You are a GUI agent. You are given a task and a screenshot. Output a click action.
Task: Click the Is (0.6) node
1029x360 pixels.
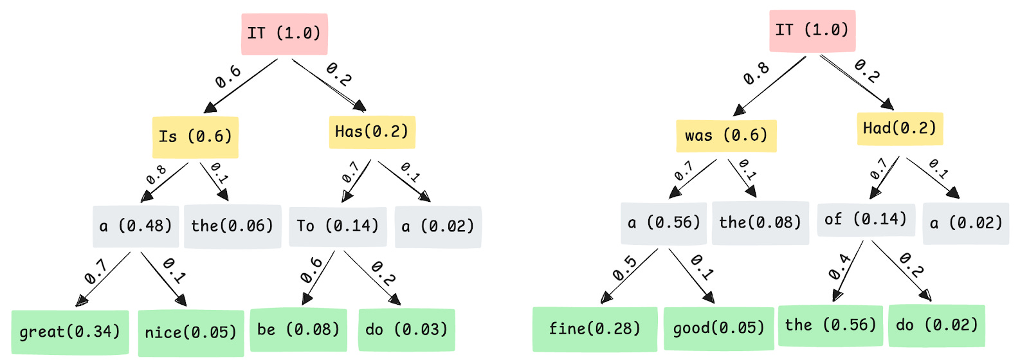[x=195, y=137]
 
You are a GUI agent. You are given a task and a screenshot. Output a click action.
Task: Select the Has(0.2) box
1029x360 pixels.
[x=372, y=132]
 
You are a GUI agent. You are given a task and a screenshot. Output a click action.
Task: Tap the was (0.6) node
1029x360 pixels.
[x=726, y=136]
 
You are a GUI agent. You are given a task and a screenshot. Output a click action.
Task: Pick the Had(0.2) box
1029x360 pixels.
[x=899, y=128]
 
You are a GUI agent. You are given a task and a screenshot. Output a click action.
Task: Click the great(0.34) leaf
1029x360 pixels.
[x=70, y=332]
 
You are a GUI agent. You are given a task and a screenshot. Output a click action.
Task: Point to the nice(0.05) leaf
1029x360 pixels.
[x=191, y=333]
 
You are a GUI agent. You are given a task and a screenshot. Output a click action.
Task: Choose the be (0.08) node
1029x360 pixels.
[x=298, y=330]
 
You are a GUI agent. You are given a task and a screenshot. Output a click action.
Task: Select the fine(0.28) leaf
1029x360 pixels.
[x=595, y=329]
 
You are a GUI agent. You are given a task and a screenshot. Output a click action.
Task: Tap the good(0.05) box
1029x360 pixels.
[x=718, y=328]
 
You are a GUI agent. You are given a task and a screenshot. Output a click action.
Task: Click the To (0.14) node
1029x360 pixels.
[x=338, y=226]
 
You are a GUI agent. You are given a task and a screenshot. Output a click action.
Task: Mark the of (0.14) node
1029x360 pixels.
[x=866, y=220]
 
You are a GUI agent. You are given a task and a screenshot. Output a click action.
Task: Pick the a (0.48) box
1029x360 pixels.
[x=136, y=226]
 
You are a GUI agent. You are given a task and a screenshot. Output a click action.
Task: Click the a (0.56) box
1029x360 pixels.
[x=664, y=223]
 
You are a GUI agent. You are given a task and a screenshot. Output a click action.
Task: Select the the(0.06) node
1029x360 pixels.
[x=232, y=226]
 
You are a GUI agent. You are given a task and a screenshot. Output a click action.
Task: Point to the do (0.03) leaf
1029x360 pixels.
[x=406, y=330]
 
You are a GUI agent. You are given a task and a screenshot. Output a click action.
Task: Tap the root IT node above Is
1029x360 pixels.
[x=284, y=33]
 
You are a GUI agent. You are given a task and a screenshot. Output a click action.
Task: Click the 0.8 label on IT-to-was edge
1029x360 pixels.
[x=757, y=74]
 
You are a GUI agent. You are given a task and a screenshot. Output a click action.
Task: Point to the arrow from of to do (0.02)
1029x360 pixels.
[x=901, y=271]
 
